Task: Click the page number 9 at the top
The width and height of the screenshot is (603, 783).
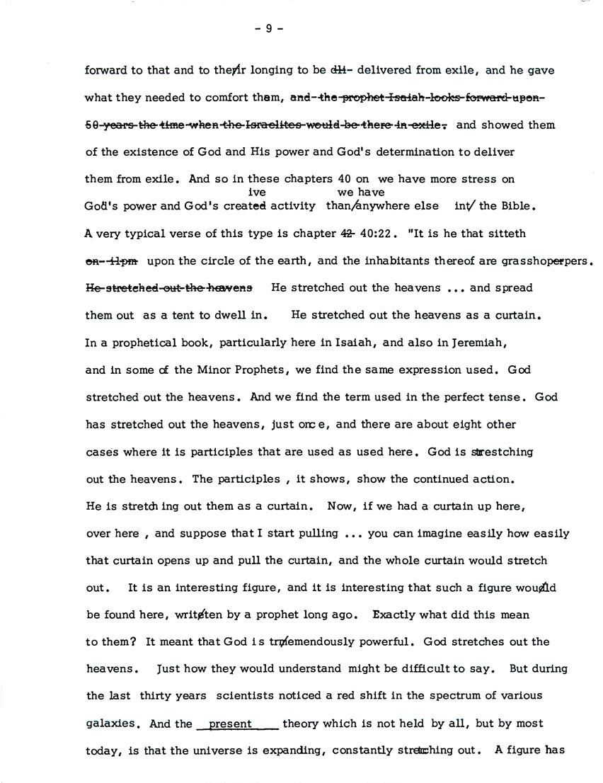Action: [x=268, y=29]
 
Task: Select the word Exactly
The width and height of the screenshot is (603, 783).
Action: [x=398, y=615]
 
